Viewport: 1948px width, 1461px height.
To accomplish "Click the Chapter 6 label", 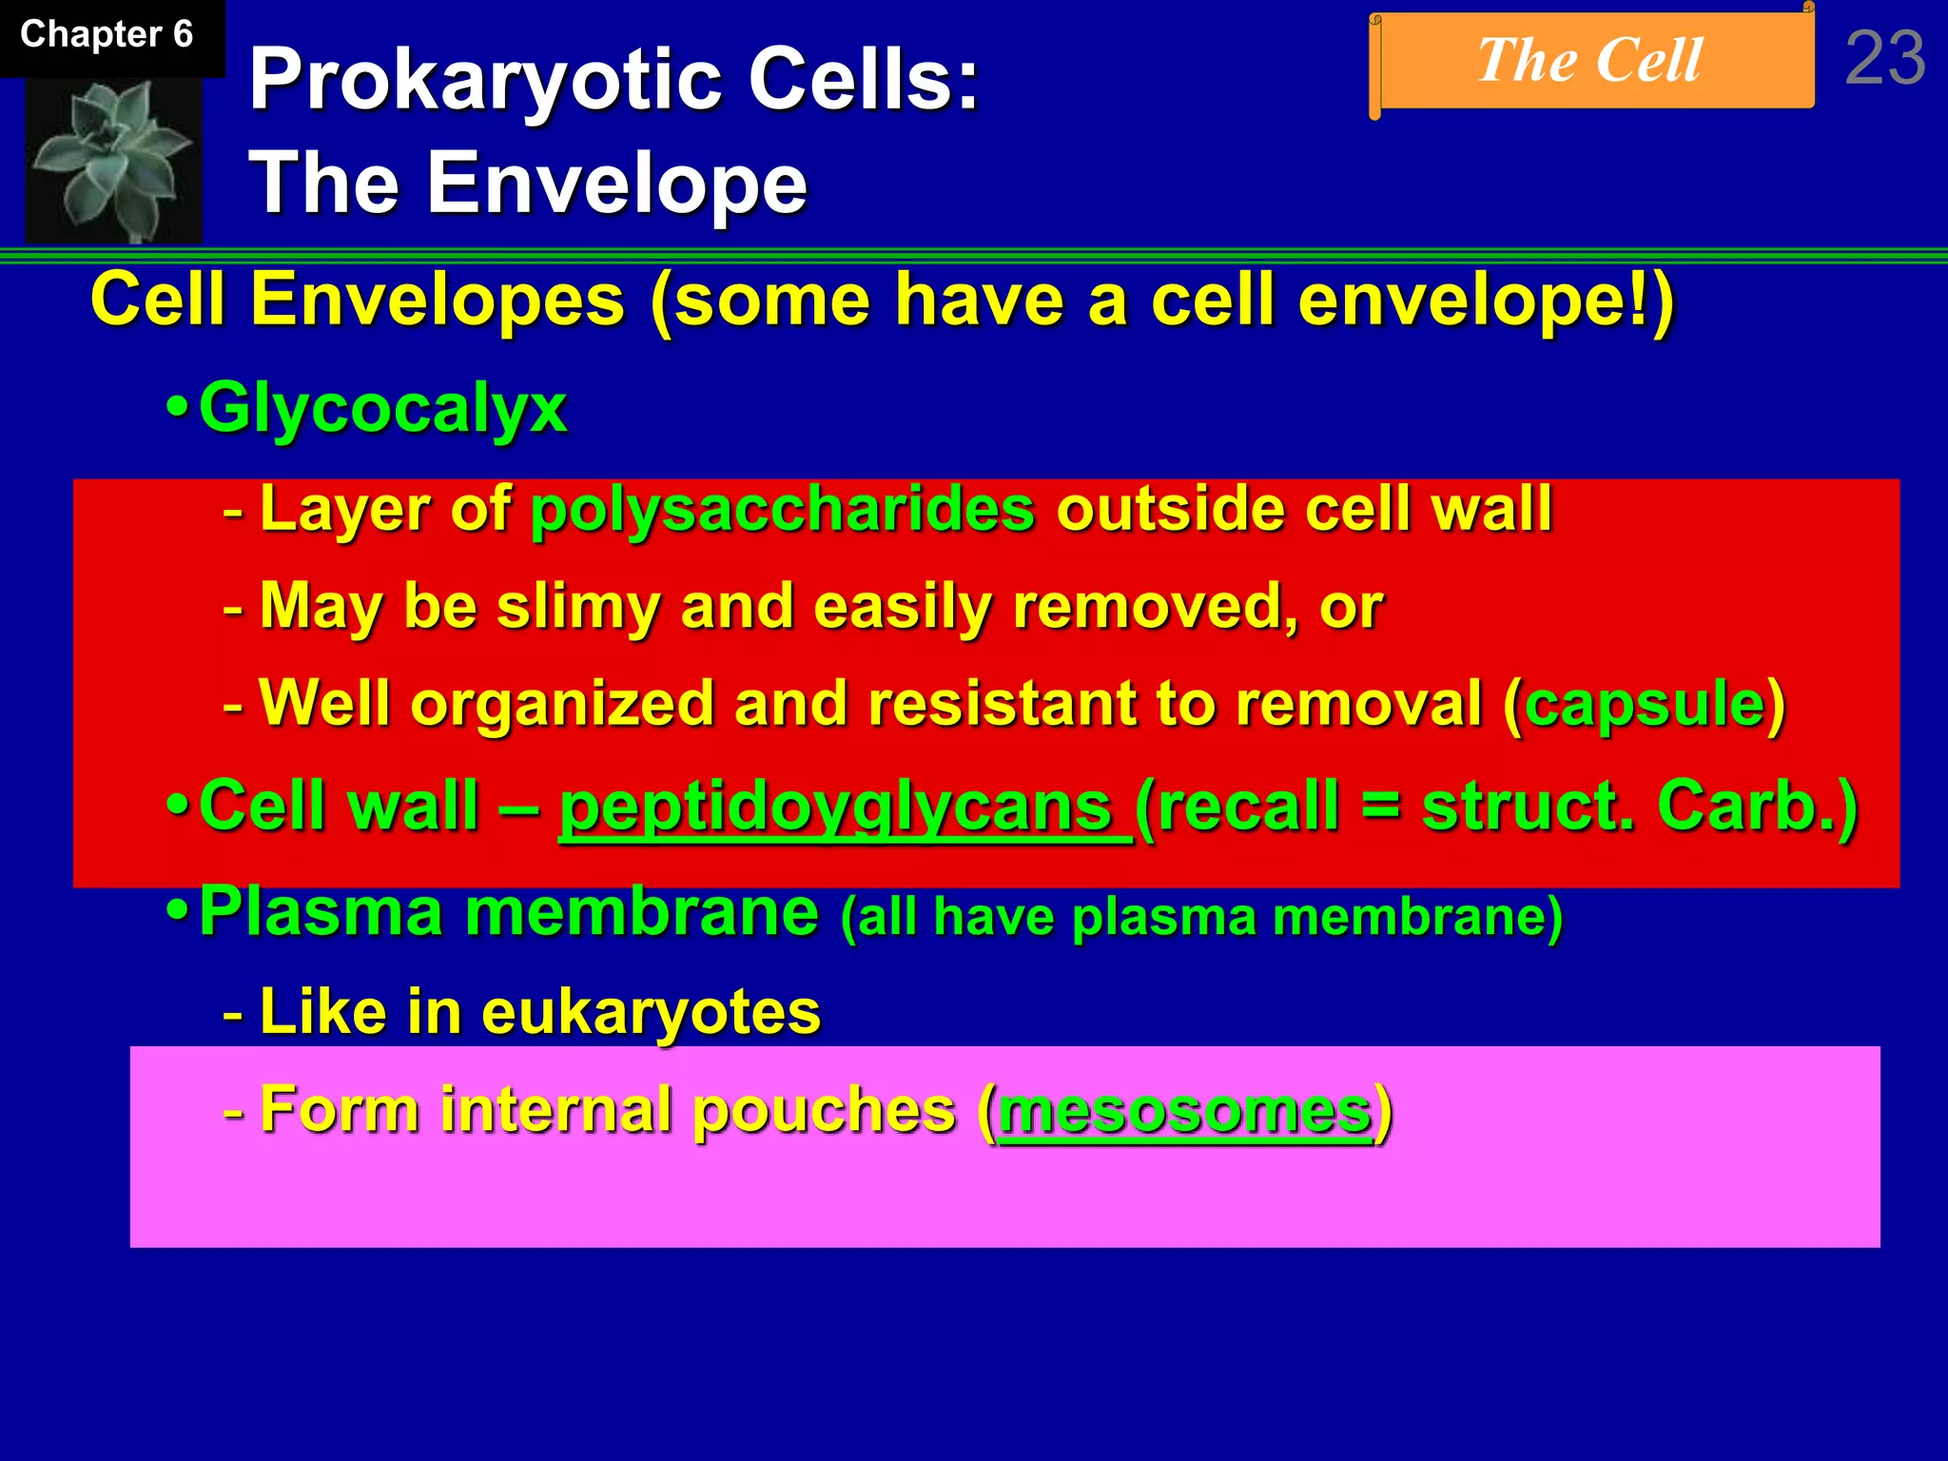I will tap(107, 35).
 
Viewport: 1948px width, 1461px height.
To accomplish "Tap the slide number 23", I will tap(1885, 59).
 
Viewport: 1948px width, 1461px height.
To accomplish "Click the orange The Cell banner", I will tap(1590, 61).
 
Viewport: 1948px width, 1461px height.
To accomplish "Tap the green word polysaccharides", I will tap(782, 509).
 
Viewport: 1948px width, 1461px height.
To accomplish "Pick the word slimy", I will tap(578, 606).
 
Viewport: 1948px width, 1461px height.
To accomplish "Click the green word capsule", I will tap(1646, 705).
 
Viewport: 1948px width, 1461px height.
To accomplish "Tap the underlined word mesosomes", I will tap(1184, 1110).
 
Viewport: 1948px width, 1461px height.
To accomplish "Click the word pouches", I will tap(824, 1110).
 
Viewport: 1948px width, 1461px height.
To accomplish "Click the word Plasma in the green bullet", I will tap(321, 912).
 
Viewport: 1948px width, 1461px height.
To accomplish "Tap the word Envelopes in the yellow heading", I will tap(438, 301).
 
